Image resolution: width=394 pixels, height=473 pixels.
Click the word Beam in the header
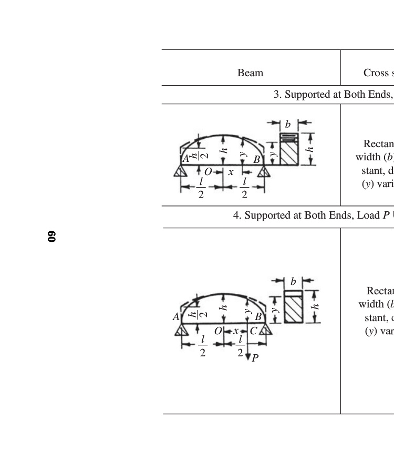tap(250, 73)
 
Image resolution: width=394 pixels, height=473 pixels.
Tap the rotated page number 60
tap(51, 236)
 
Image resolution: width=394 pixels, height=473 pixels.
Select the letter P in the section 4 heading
tap(386, 215)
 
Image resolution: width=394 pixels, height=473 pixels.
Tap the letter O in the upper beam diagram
tap(208, 172)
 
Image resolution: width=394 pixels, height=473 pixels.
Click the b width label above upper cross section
tap(287, 125)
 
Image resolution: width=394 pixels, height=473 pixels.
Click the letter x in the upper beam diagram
tap(231, 172)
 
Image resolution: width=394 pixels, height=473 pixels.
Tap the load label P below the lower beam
tap(255, 358)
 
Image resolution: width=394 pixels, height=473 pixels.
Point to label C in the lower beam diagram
tap(253, 331)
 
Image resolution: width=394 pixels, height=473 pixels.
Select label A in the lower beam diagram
tap(176, 317)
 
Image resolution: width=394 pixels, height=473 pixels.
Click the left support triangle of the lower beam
tap(182, 330)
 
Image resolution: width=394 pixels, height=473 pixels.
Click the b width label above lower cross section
tap(293, 282)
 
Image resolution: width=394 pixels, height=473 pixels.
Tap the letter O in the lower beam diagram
tap(217, 331)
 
